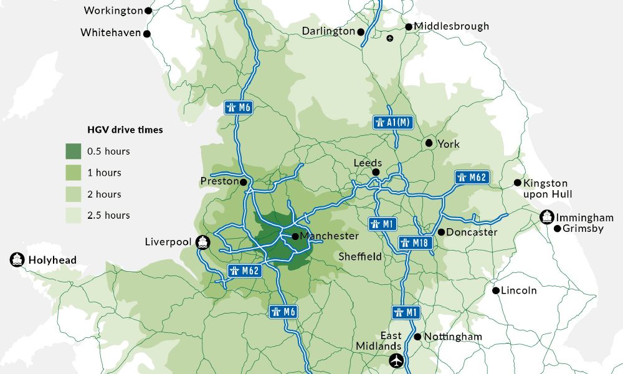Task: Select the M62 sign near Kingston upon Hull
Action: tap(472, 177)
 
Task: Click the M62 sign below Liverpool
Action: tap(244, 271)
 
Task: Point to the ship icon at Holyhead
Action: tap(16, 260)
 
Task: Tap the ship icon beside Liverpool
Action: tap(202, 242)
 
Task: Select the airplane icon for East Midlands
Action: tap(396, 360)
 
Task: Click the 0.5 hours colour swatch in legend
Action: tap(74, 151)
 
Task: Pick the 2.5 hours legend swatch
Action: tap(74, 215)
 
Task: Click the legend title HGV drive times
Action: tap(125, 130)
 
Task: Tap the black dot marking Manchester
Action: tap(295, 236)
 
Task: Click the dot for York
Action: tap(429, 143)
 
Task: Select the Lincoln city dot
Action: tap(496, 290)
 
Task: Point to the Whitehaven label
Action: tap(111, 32)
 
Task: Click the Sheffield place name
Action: tap(360, 256)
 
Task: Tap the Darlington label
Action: tap(328, 31)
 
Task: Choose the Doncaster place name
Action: tap(472, 232)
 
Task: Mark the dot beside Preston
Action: tap(244, 183)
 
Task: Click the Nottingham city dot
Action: tap(417, 337)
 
